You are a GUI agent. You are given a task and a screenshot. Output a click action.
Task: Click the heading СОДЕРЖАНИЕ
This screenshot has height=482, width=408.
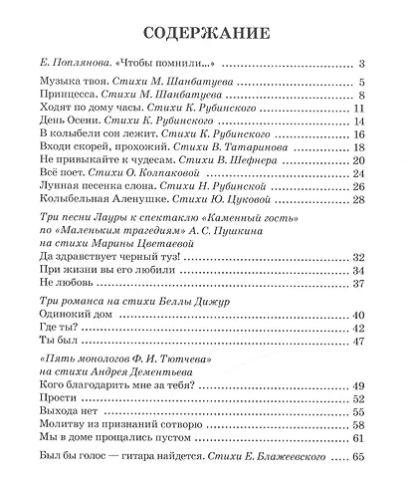[203, 25]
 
